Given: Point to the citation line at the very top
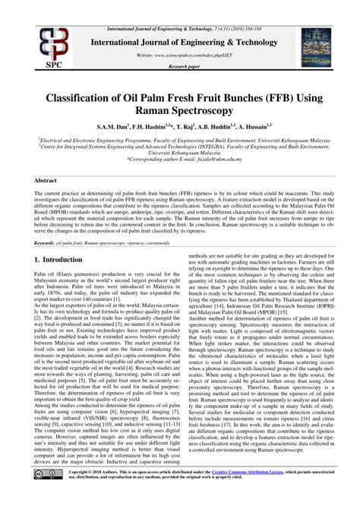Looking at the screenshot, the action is click(x=180, y=6).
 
